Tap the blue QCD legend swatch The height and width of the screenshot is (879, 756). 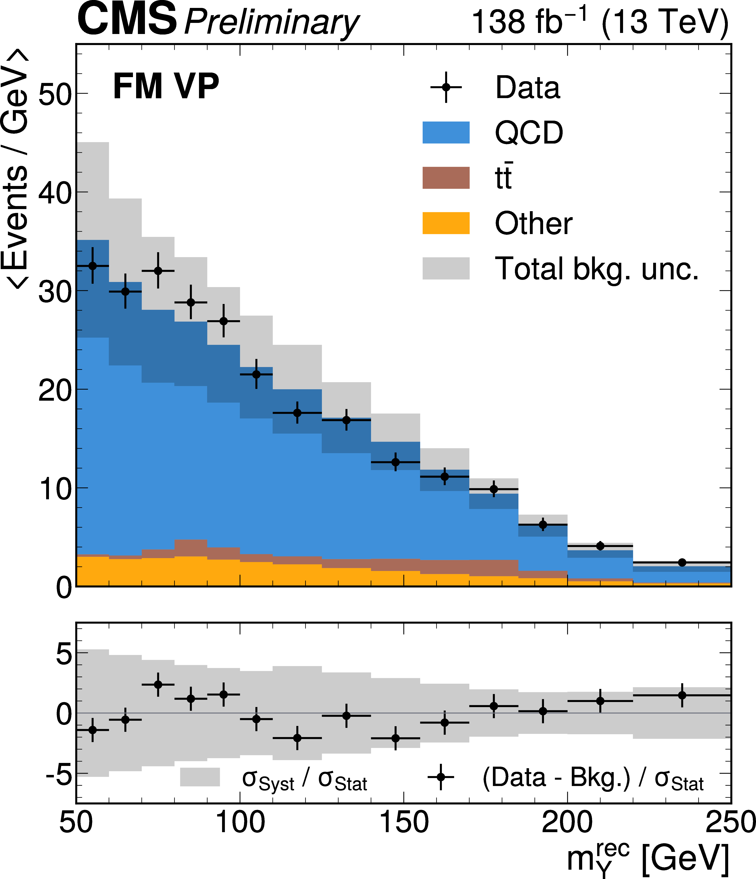click(446, 132)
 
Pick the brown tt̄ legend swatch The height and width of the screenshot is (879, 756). click(446, 178)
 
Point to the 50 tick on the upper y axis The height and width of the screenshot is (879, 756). click(55, 94)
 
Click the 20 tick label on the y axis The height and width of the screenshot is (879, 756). click(55, 390)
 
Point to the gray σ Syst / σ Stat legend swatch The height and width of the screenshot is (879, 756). click(200, 777)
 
